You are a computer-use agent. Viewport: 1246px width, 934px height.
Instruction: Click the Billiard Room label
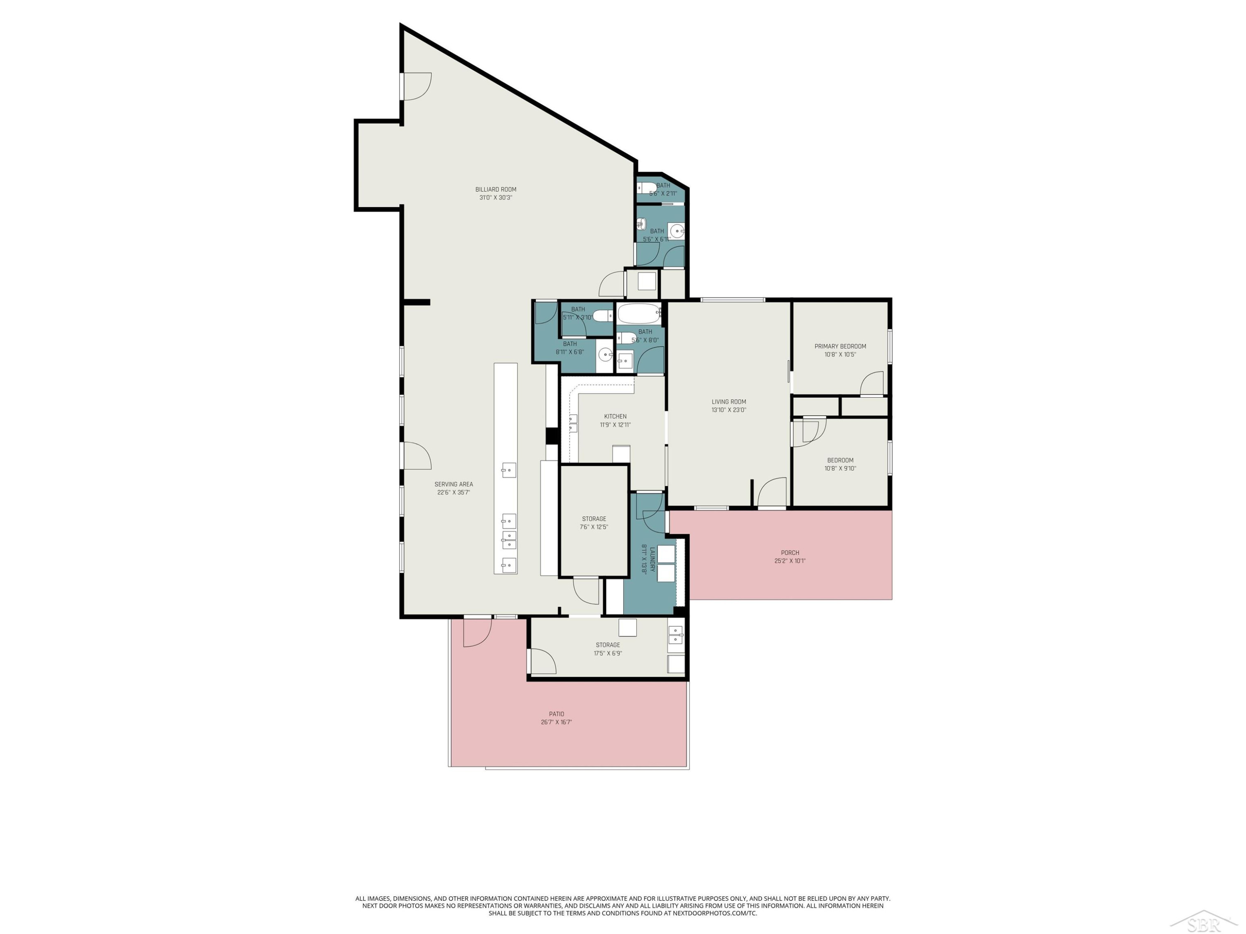tap(495, 190)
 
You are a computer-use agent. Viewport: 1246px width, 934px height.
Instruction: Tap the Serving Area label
tap(454, 484)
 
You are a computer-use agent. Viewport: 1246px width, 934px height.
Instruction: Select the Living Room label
tap(729, 402)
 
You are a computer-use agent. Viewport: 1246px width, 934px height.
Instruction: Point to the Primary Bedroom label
tap(841, 346)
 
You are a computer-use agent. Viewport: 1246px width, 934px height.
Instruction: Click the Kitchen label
tap(615, 417)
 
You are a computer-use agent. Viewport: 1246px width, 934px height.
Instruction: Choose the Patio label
tap(557, 714)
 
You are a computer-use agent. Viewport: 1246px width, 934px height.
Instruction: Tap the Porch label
tap(790, 553)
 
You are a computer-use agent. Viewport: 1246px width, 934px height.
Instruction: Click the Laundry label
tap(652, 560)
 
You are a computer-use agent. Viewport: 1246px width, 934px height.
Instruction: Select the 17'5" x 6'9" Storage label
tap(608, 645)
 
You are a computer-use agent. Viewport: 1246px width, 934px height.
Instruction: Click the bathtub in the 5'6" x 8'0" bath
tap(639, 313)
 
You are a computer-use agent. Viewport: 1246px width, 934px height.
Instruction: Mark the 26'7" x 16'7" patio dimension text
tap(557, 722)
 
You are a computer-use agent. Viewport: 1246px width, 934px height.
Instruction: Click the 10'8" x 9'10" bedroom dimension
tap(841, 468)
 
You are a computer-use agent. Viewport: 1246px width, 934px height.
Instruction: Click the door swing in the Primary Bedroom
tap(871, 383)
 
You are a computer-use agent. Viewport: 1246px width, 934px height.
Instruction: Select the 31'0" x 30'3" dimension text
tap(495, 198)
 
